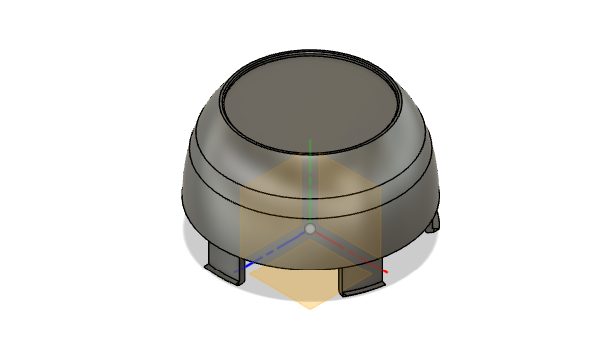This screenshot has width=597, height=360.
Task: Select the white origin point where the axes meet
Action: [x=310, y=229]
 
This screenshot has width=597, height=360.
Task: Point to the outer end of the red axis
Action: [x=386, y=270]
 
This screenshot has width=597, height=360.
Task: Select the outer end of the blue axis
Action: [x=237, y=270]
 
